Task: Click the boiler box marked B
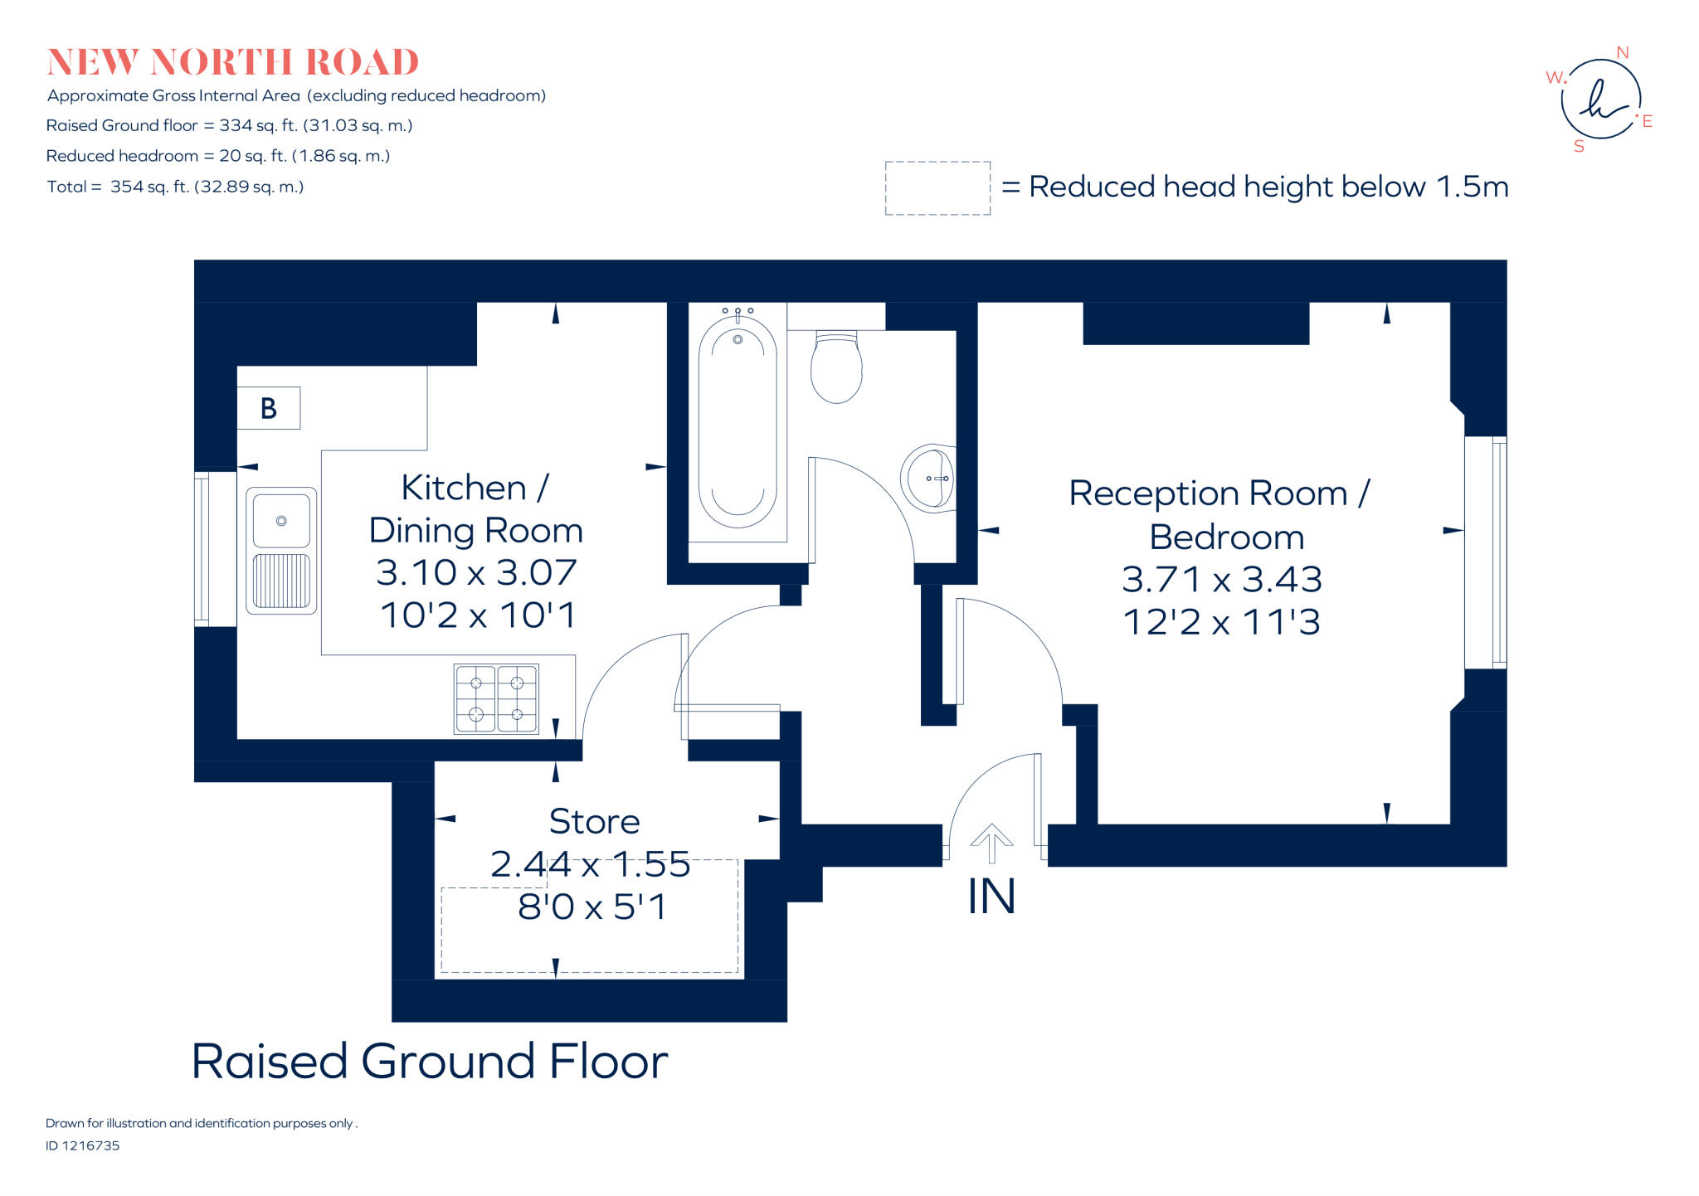[268, 408]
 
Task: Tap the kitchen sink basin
[281, 521]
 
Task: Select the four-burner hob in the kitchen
[496, 698]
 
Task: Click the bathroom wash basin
[929, 479]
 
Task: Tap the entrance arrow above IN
[991, 844]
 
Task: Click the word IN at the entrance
[991, 897]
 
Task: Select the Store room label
[594, 822]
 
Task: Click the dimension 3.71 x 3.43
[1221, 580]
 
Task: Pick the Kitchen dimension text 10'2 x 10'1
[478, 615]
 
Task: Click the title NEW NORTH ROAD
[233, 62]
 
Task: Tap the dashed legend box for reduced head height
[937, 188]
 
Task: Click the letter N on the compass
[1622, 53]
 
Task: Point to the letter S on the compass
[1579, 147]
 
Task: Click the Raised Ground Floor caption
[430, 1062]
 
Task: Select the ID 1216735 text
[83, 1145]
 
